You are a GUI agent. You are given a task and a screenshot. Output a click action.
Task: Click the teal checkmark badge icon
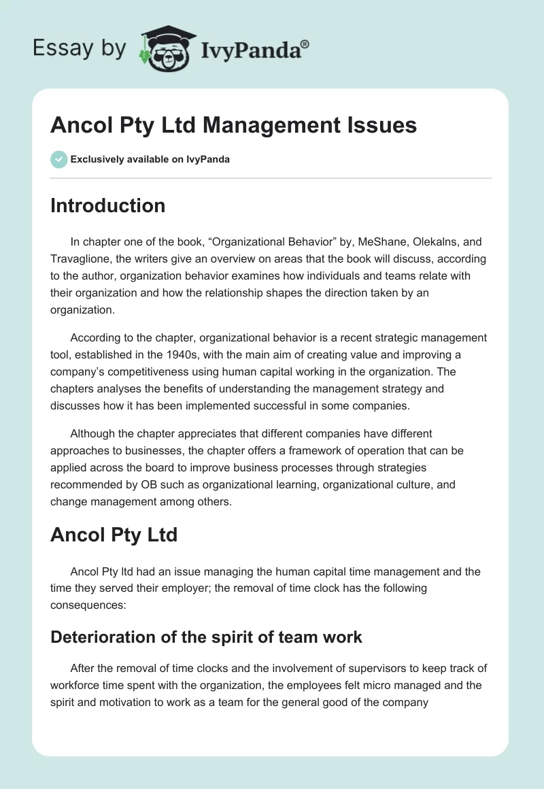pyautogui.click(x=58, y=159)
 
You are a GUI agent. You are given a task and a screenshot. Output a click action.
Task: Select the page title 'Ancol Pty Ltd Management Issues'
pyautogui.click(x=233, y=125)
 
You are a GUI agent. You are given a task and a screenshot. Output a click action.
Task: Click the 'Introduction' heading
pyautogui.click(x=107, y=205)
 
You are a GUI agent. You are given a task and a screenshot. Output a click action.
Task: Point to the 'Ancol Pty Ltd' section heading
pyautogui.click(x=114, y=535)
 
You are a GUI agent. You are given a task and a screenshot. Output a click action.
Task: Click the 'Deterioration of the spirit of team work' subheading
pyautogui.click(x=206, y=637)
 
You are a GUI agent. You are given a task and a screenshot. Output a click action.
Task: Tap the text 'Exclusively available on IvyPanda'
pyautogui.click(x=150, y=160)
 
